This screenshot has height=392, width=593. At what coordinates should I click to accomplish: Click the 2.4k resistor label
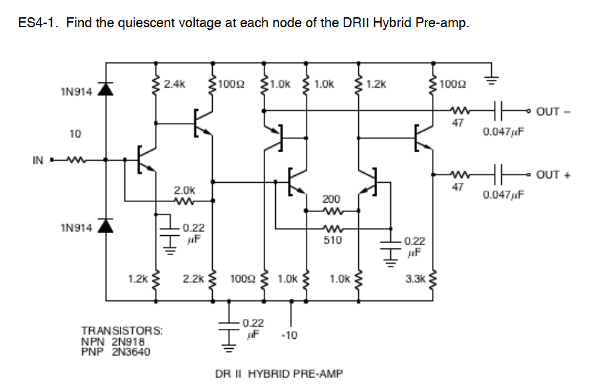click(x=175, y=84)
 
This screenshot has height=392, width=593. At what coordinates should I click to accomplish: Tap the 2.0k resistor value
click(x=185, y=190)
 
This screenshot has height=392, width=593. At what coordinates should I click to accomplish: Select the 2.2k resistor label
click(x=193, y=280)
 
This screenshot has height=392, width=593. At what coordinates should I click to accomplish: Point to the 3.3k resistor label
click(x=415, y=280)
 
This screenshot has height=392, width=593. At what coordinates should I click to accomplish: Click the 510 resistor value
click(x=332, y=240)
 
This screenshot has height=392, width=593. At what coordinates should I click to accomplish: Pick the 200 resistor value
click(x=331, y=199)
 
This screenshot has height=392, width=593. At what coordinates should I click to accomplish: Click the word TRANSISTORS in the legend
click(x=112, y=330)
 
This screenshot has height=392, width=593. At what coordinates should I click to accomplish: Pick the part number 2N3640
click(x=129, y=351)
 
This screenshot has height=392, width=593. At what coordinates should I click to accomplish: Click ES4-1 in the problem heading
click(x=39, y=23)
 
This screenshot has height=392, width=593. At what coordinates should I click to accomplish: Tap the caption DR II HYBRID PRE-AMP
click(x=279, y=373)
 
